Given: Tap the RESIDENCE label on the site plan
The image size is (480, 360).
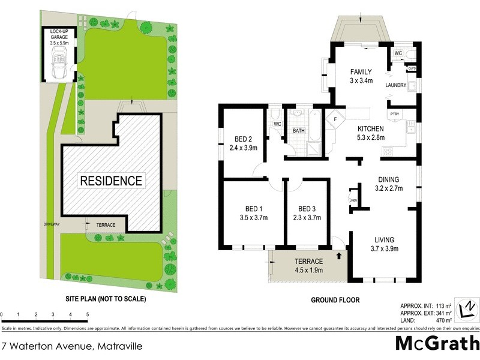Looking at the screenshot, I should pos(112,181).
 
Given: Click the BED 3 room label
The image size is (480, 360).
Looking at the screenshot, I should pos(307,209).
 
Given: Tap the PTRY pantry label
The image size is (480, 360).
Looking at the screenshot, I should pos(394,114).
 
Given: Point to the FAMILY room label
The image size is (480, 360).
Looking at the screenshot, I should pos(362,71).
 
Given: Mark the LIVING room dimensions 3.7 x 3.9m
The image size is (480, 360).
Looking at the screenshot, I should pos(385,248).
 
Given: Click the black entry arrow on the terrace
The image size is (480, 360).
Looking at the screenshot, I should pos(341,256).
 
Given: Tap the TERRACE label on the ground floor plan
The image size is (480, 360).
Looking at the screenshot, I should pos(308,261).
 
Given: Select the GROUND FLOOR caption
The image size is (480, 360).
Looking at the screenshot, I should pos(334,299).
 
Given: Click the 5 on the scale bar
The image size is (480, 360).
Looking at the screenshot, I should pos(88,314).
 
